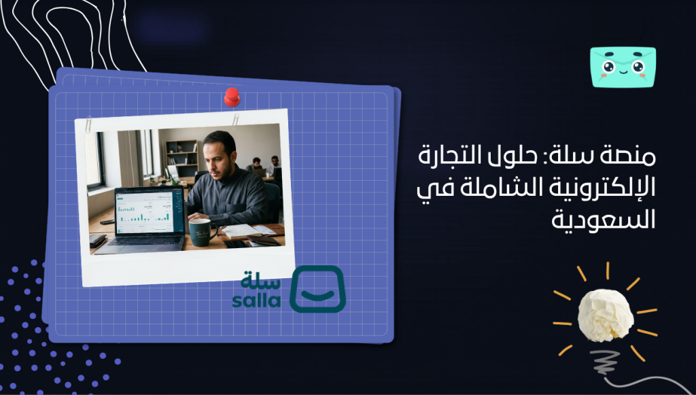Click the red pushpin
pos(232,97)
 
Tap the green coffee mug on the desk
pos(201,232)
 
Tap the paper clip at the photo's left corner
pos(88,126)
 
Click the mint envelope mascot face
pos(623,67)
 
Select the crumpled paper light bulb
pos(605,315)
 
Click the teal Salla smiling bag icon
pos(317,289)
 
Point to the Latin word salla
pos(256,300)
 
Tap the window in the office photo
pos(93,160)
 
